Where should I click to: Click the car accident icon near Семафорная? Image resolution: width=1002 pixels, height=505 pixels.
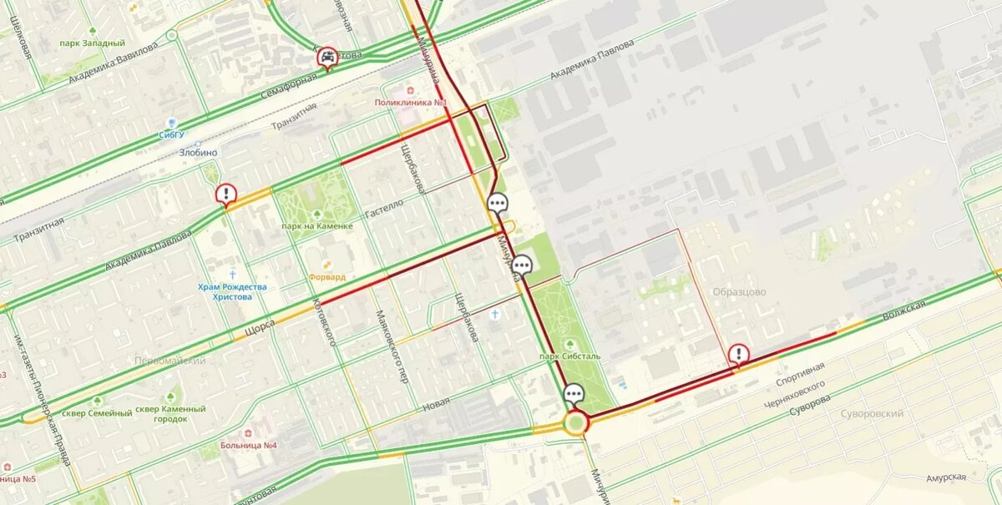328,57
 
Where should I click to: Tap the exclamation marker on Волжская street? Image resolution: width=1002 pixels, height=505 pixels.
739,354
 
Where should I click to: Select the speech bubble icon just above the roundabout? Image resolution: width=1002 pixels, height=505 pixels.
574,394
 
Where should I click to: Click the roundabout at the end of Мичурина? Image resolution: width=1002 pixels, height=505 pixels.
575,423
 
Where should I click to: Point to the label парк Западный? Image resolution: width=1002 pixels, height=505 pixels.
94,43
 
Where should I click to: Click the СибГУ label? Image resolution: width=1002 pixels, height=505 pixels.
171,134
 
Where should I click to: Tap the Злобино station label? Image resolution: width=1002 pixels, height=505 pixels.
198,153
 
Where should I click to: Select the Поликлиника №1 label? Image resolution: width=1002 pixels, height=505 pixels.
411,103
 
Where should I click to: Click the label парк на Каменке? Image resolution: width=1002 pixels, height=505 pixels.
316,226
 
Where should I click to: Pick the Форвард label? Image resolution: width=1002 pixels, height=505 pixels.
327,277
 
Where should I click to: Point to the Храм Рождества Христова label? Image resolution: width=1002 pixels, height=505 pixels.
232,291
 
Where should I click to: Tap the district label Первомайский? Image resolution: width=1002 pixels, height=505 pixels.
170,361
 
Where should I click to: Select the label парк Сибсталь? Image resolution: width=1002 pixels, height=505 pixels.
569,356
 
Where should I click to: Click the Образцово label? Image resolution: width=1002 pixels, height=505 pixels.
739,292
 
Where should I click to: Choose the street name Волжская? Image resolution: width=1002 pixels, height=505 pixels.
904,311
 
